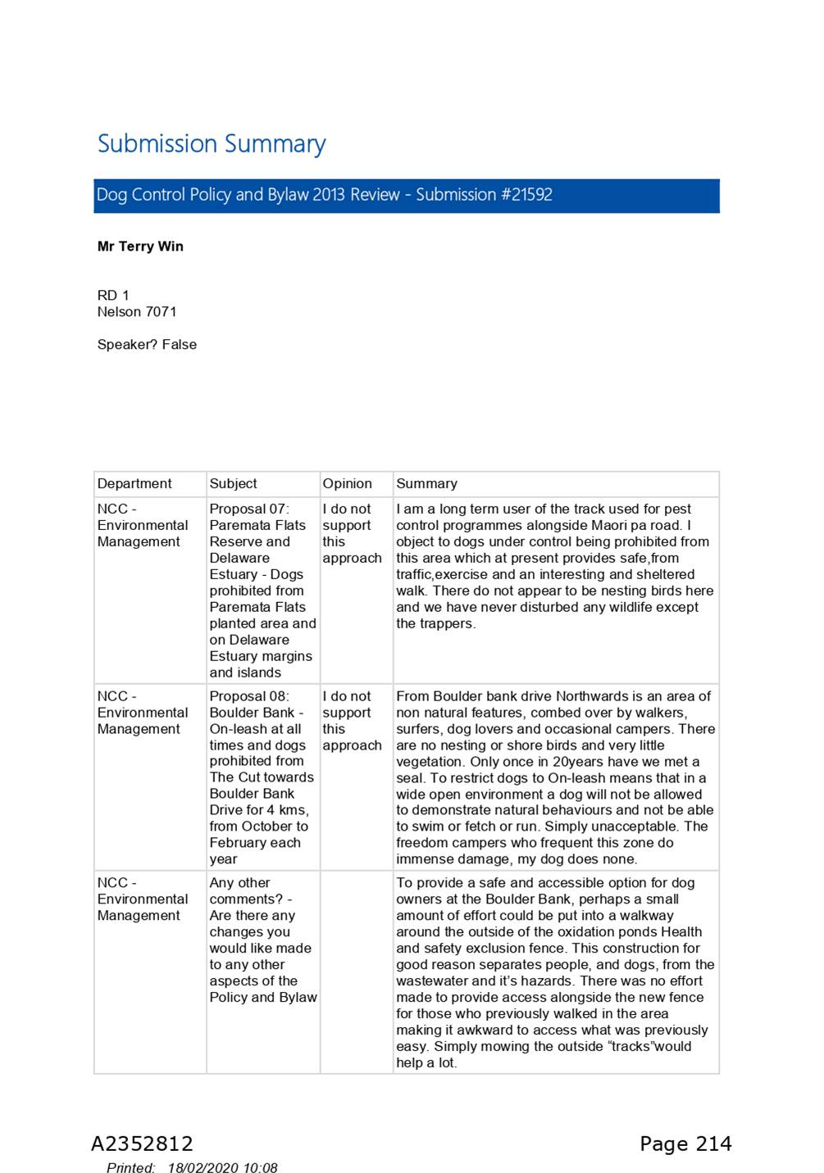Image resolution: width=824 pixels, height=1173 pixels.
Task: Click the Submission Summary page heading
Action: [211, 144]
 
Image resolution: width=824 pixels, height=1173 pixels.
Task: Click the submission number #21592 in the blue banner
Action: [526, 195]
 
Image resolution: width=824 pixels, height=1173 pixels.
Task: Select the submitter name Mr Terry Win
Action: [140, 247]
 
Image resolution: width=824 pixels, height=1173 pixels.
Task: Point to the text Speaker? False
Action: [147, 345]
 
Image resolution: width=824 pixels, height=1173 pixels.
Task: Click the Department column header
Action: [134, 484]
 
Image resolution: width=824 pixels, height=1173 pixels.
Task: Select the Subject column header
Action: [233, 484]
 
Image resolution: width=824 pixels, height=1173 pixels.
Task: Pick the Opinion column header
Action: [347, 484]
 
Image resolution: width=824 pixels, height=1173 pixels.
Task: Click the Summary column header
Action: [426, 484]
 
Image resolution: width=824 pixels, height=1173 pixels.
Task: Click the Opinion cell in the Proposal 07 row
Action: [352, 533]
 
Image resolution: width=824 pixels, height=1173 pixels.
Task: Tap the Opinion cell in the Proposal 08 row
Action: [352, 721]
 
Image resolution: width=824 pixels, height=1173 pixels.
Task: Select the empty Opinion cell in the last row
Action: [356, 971]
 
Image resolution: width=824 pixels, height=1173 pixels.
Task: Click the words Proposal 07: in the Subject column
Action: [249, 509]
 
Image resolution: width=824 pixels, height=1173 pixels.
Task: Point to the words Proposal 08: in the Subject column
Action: [249, 696]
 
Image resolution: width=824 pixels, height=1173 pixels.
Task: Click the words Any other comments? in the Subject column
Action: [245, 891]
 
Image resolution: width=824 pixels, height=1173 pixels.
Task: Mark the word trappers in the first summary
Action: [448, 624]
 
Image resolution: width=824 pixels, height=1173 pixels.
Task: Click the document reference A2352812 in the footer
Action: [142, 1144]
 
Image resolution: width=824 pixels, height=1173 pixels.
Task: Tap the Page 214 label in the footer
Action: [685, 1144]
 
